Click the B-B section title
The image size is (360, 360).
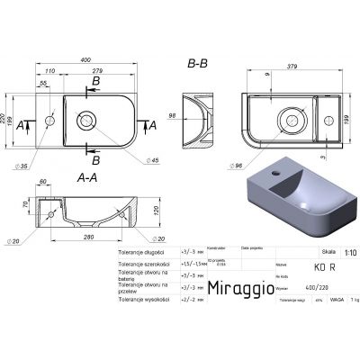click(199, 65)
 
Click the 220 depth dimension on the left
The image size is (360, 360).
click(5, 117)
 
